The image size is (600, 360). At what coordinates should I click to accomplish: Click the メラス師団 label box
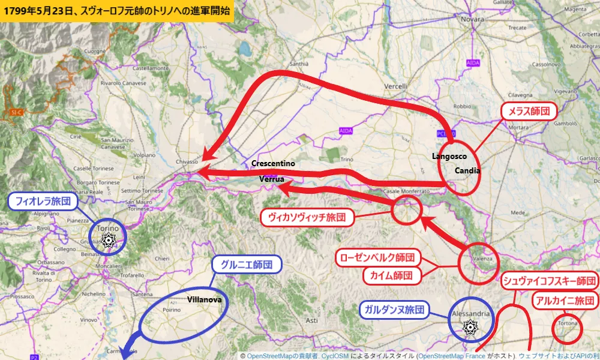[529, 112]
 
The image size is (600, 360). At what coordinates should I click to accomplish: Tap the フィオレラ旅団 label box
[44, 202]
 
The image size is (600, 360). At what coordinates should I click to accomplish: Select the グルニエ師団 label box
[247, 265]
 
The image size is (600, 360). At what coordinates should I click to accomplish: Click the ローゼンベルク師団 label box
[377, 257]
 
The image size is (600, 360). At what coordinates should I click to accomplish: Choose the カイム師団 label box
[390, 275]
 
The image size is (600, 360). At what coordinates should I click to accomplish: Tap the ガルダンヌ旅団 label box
[394, 310]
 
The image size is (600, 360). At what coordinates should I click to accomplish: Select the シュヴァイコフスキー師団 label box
[549, 281]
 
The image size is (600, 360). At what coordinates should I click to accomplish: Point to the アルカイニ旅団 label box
[565, 301]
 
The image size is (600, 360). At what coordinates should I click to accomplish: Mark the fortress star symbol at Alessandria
[471, 328]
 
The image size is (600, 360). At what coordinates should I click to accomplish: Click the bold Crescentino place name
[273, 164]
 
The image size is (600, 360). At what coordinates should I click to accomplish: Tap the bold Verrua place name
[271, 179]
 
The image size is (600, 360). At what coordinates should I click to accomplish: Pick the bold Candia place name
[467, 170]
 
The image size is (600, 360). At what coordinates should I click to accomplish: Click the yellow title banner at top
[117, 11]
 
